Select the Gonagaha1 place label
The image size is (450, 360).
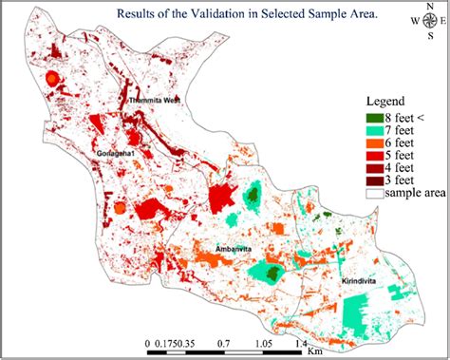[117, 152]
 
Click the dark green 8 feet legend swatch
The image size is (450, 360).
[376, 119]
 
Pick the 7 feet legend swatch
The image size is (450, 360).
[376, 131]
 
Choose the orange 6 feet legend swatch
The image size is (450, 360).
[376, 143]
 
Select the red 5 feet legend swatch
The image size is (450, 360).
[376, 156]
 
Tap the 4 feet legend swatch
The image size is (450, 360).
[376, 168]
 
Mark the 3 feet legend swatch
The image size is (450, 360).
[376, 180]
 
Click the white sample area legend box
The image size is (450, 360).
[376, 193]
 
